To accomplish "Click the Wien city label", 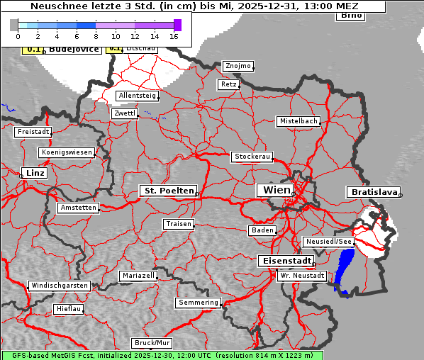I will click(x=276, y=190).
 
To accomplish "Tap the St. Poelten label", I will click(x=167, y=191).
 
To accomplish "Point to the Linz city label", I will click(x=33, y=173).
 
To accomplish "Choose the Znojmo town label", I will click(x=238, y=66).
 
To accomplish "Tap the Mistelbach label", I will click(x=298, y=121).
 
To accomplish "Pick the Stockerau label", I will click(x=252, y=157).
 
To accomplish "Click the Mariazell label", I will click(x=138, y=275).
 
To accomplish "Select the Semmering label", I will click(x=199, y=303).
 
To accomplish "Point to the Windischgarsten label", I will click(x=59, y=286).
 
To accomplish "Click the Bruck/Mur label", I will click(x=152, y=343).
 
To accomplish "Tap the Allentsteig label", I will click(x=137, y=96).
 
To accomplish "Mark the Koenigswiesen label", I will click(x=67, y=152).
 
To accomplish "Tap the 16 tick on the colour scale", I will click(x=174, y=35).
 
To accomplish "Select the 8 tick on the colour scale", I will click(x=96, y=35).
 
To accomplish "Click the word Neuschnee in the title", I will click(x=56, y=6).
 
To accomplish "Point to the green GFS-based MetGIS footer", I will click(x=162, y=355).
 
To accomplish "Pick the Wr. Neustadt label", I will click(x=302, y=275).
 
